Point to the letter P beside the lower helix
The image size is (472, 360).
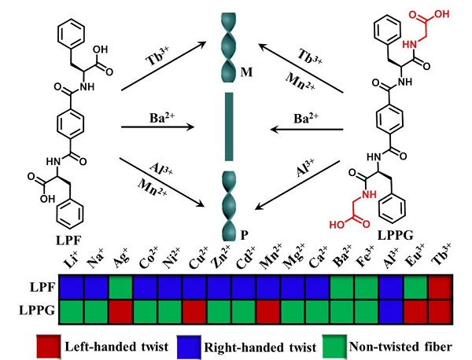pyautogui.click(x=247, y=234)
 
